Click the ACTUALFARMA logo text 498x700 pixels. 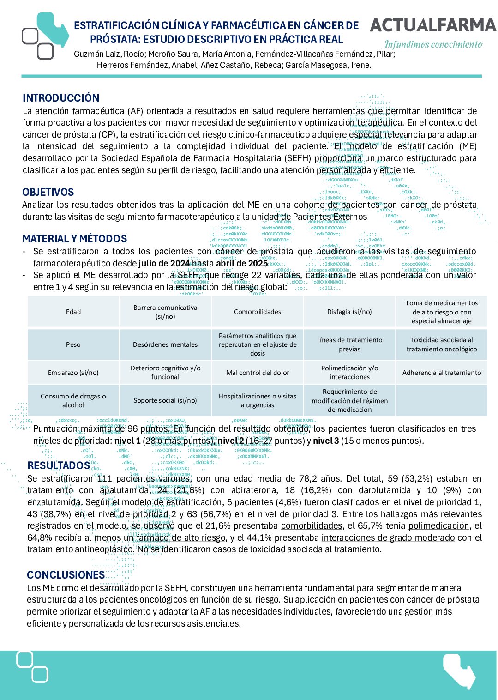[x=432, y=25]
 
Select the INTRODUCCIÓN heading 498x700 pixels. [x=61, y=98]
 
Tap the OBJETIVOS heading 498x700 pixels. [x=48, y=192]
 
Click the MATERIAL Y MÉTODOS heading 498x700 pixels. [x=75, y=239]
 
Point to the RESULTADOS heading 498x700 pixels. [x=59, y=465]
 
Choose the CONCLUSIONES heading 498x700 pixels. [x=66, y=575]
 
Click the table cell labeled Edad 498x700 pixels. [x=73, y=312]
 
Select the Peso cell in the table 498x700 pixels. [x=73, y=344]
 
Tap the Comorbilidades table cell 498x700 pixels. [x=258, y=312]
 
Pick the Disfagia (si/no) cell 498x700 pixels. [x=349, y=312]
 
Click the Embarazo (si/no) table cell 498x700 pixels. [x=73, y=373]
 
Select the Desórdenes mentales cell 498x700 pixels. [x=165, y=344]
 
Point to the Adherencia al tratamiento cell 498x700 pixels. [x=442, y=373]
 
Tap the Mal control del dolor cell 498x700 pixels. [x=258, y=373]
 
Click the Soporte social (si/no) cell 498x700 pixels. [x=165, y=400]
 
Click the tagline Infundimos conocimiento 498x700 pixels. [x=433, y=45]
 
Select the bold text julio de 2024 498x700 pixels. [x=164, y=264]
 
